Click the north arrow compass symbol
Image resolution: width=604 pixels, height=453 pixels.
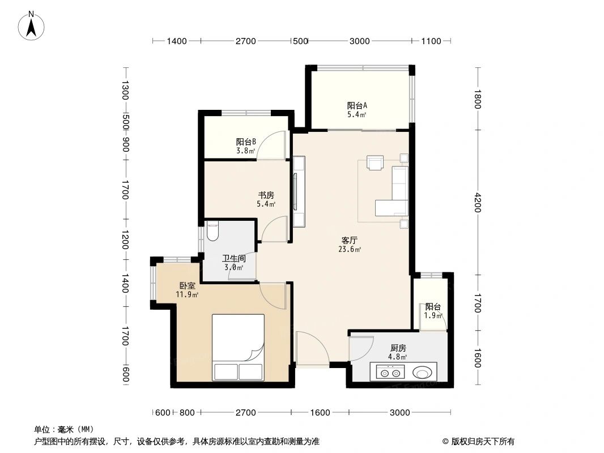point(32,25)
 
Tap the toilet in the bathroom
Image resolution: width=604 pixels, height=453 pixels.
point(212,231)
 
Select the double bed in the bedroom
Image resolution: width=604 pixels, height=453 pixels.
point(238,347)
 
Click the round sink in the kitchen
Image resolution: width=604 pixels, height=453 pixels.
point(423,373)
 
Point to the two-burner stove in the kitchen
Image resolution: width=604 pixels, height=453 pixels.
point(390,373)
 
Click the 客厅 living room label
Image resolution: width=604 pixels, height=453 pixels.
point(350,241)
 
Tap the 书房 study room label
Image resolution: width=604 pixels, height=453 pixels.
point(266,195)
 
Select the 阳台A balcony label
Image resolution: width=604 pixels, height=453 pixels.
point(357,105)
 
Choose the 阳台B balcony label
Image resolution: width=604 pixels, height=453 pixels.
point(246,142)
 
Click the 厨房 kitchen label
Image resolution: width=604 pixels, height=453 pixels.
point(398,348)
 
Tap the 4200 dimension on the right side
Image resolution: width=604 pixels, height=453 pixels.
point(477,202)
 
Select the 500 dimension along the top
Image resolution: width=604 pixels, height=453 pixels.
point(300,41)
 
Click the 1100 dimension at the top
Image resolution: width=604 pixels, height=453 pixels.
point(431,41)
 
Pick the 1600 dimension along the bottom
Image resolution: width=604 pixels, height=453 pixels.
point(320,412)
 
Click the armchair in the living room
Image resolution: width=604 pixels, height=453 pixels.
point(375,163)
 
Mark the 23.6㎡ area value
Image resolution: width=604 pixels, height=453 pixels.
point(350,249)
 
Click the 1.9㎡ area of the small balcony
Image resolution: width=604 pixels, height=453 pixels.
point(433,315)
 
